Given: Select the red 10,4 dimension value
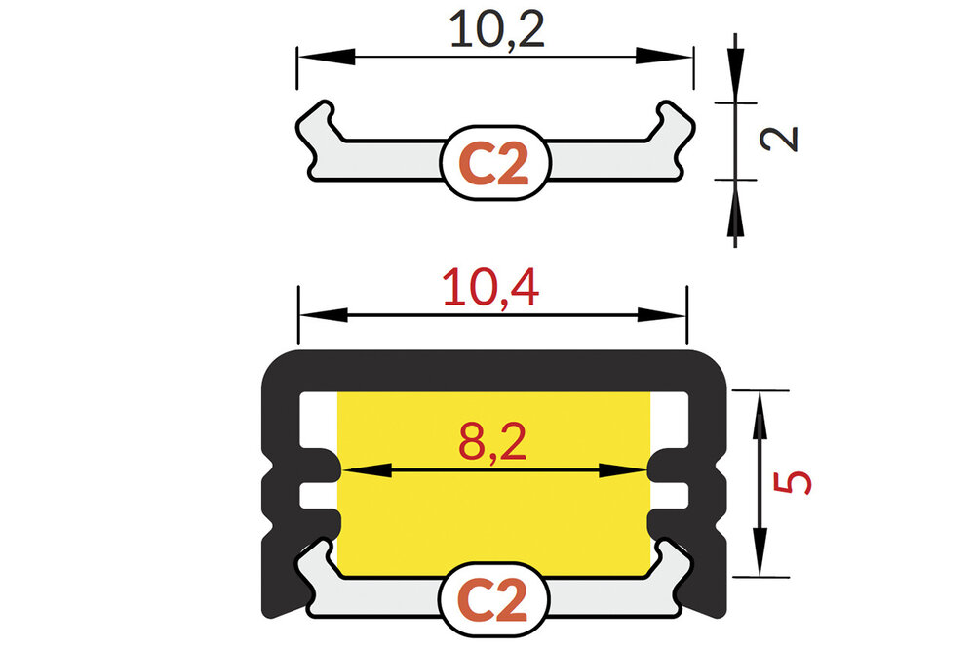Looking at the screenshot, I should click(x=490, y=291).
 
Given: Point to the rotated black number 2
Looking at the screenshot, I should click(x=781, y=138).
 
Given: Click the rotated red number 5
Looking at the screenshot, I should click(x=797, y=482).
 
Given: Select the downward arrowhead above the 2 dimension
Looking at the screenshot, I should click(x=736, y=83).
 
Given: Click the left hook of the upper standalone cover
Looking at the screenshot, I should click(x=317, y=122).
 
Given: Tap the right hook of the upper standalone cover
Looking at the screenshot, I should click(x=674, y=122).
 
